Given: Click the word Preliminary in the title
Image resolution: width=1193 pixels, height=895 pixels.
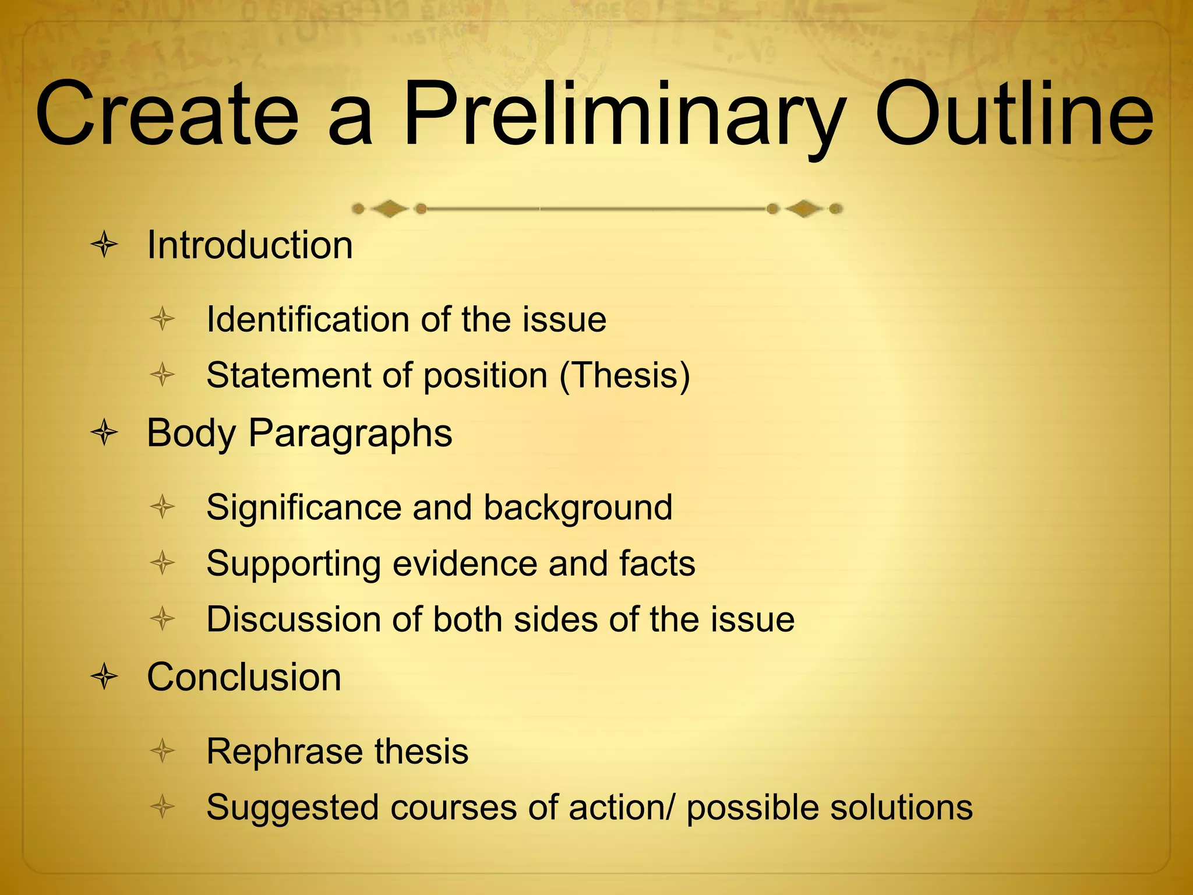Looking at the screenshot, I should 622,117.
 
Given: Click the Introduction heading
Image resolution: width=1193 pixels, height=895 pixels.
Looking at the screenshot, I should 249,245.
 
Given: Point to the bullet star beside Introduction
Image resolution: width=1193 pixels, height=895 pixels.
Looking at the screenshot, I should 105,245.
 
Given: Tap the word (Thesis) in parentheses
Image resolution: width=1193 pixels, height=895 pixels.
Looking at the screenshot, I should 624,375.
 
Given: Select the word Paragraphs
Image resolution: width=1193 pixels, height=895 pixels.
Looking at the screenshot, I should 350,434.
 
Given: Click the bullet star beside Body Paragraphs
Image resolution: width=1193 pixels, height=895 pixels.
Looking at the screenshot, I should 105,433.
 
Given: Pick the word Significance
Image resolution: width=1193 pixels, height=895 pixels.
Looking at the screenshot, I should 303,508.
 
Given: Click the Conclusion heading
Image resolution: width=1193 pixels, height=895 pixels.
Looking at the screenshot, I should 243,677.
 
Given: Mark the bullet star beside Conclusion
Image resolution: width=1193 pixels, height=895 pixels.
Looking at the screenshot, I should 105,677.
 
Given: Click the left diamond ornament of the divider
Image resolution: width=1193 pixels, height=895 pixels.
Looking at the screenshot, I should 389,209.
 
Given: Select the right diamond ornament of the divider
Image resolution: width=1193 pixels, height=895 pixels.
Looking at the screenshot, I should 804,209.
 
